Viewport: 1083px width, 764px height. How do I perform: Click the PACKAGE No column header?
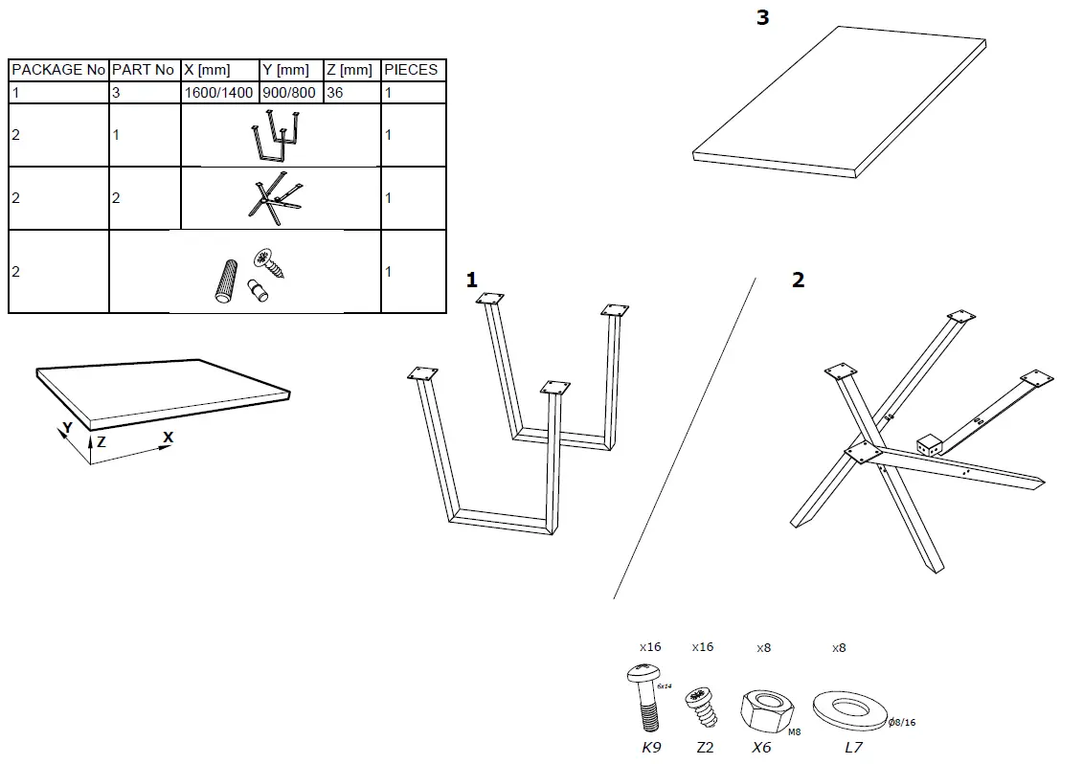58,70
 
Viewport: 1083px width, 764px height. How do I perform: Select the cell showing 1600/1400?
218,93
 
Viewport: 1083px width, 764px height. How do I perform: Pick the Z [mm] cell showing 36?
335,93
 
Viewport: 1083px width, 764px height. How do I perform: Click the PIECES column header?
411,70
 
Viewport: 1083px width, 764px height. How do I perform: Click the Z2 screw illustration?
700,710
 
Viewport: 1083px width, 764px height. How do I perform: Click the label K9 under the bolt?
650,748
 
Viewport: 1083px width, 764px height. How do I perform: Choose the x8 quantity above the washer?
839,648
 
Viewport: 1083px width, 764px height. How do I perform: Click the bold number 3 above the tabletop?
762,18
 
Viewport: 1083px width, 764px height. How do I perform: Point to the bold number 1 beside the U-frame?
471,280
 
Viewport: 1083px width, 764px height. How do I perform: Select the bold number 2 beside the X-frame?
798,280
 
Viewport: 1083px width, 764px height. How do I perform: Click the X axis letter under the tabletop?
168,437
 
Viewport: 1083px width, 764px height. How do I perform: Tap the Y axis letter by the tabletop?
66,429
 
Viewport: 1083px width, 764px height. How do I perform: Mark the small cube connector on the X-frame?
929,445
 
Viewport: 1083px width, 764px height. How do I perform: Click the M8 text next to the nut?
794,731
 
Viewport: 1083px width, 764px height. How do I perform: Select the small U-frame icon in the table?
276,136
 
